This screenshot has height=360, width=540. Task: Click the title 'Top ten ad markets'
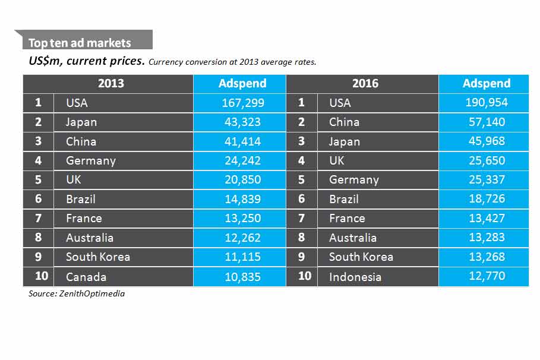(80, 43)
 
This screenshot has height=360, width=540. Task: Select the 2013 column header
(111, 84)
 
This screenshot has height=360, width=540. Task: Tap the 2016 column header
(365, 84)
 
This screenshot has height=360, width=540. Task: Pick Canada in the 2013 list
(86, 277)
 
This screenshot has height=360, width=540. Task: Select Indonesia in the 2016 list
(355, 277)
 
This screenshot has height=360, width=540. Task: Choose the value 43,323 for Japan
(242, 122)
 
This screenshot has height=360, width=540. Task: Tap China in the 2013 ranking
(81, 141)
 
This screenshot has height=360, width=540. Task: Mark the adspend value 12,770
(486, 277)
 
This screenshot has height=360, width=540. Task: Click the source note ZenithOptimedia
(77, 293)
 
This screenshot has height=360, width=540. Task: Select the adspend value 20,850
(242, 180)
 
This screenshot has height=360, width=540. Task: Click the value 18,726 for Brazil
(486, 199)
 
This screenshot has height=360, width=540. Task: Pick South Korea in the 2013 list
(98, 257)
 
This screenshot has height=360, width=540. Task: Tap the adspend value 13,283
(486, 238)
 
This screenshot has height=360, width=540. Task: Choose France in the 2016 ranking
(347, 219)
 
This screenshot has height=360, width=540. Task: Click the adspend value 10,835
(242, 277)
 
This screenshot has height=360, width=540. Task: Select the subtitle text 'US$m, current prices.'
(87, 61)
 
